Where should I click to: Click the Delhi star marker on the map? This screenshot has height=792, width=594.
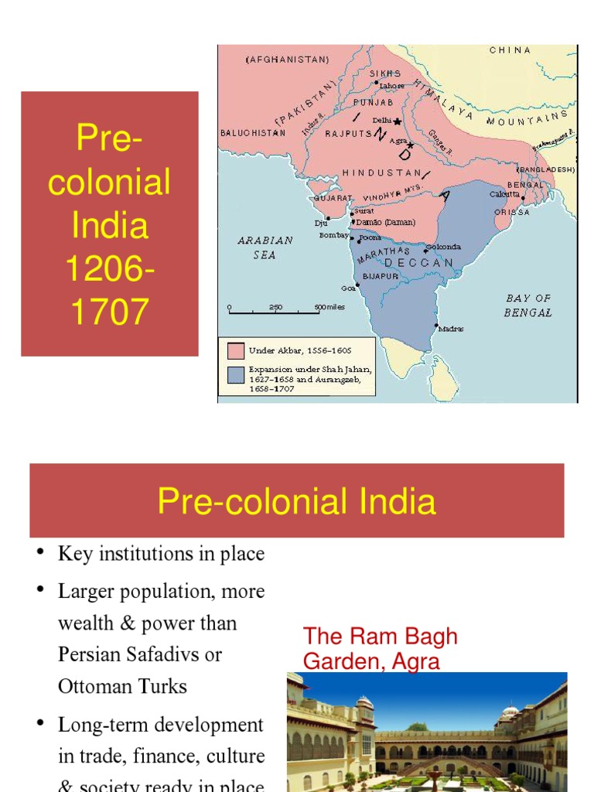(398, 121)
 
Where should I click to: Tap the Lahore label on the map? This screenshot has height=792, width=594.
(391, 86)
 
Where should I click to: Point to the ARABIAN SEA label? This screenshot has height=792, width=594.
(265, 247)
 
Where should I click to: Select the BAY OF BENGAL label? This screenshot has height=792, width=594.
(528, 306)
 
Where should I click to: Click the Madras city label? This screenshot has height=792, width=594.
(451, 329)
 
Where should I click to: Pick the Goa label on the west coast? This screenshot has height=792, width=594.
(349, 288)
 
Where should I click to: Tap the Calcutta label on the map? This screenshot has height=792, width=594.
(505, 194)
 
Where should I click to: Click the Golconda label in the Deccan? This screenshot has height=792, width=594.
(444, 247)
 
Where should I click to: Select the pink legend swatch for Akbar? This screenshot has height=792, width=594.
(235, 350)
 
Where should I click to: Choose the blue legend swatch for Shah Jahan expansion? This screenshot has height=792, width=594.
(235, 375)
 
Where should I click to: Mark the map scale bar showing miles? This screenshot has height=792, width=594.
(275, 312)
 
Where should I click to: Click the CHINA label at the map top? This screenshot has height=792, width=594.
(510, 50)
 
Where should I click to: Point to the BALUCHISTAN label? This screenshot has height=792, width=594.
(253, 133)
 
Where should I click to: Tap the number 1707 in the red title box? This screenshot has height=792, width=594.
(109, 312)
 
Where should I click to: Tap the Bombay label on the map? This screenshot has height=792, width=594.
(334, 235)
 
